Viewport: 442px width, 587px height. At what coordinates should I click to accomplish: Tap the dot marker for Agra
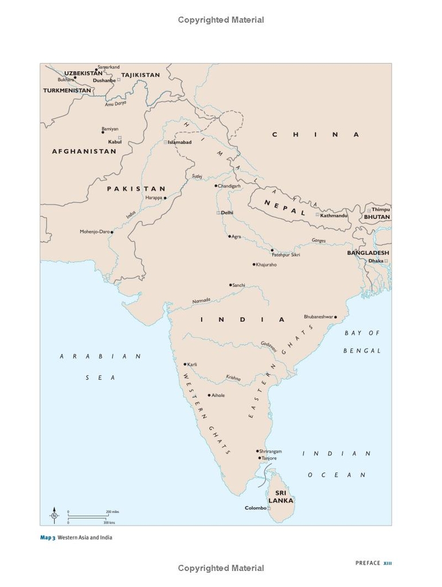[x=230, y=236]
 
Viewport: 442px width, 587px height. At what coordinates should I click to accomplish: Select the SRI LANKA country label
[x=281, y=496]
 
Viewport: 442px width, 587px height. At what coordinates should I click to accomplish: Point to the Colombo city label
[x=256, y=508]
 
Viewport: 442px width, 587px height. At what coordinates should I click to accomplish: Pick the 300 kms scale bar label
[x=108, y=523]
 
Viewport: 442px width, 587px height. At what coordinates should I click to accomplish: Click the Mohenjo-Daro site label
[x=95, y=232]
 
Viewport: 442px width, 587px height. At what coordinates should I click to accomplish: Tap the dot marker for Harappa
[x=165, y=198]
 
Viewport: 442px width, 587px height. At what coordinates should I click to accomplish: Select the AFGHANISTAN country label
[x=84, y=151]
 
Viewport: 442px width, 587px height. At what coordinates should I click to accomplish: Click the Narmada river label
[x=201, y=300]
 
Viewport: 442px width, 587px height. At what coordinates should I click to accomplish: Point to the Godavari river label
[x=269, y=346]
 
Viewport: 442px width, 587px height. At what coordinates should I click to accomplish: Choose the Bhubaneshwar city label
[x=318, y=316]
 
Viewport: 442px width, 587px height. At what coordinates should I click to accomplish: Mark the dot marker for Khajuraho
[x=254, y=264]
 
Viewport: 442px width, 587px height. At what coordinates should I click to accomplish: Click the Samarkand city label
[x=108, y=67]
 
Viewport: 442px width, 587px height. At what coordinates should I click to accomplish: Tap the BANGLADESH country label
[x=368, y=253]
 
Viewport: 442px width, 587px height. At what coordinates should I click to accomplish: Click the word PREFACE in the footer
[x=367, y=563]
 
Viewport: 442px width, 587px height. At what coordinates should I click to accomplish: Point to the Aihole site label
[x=218, y=396]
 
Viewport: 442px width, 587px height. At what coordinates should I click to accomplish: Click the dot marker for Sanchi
[x=230, y=285]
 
